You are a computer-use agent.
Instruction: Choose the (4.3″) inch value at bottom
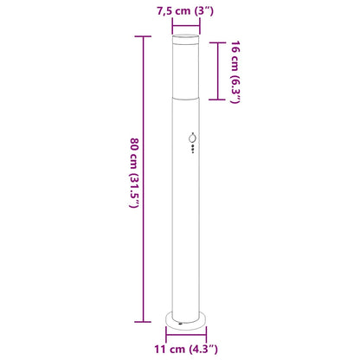coord(209,350)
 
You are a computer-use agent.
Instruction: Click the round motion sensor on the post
coord(192,139)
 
